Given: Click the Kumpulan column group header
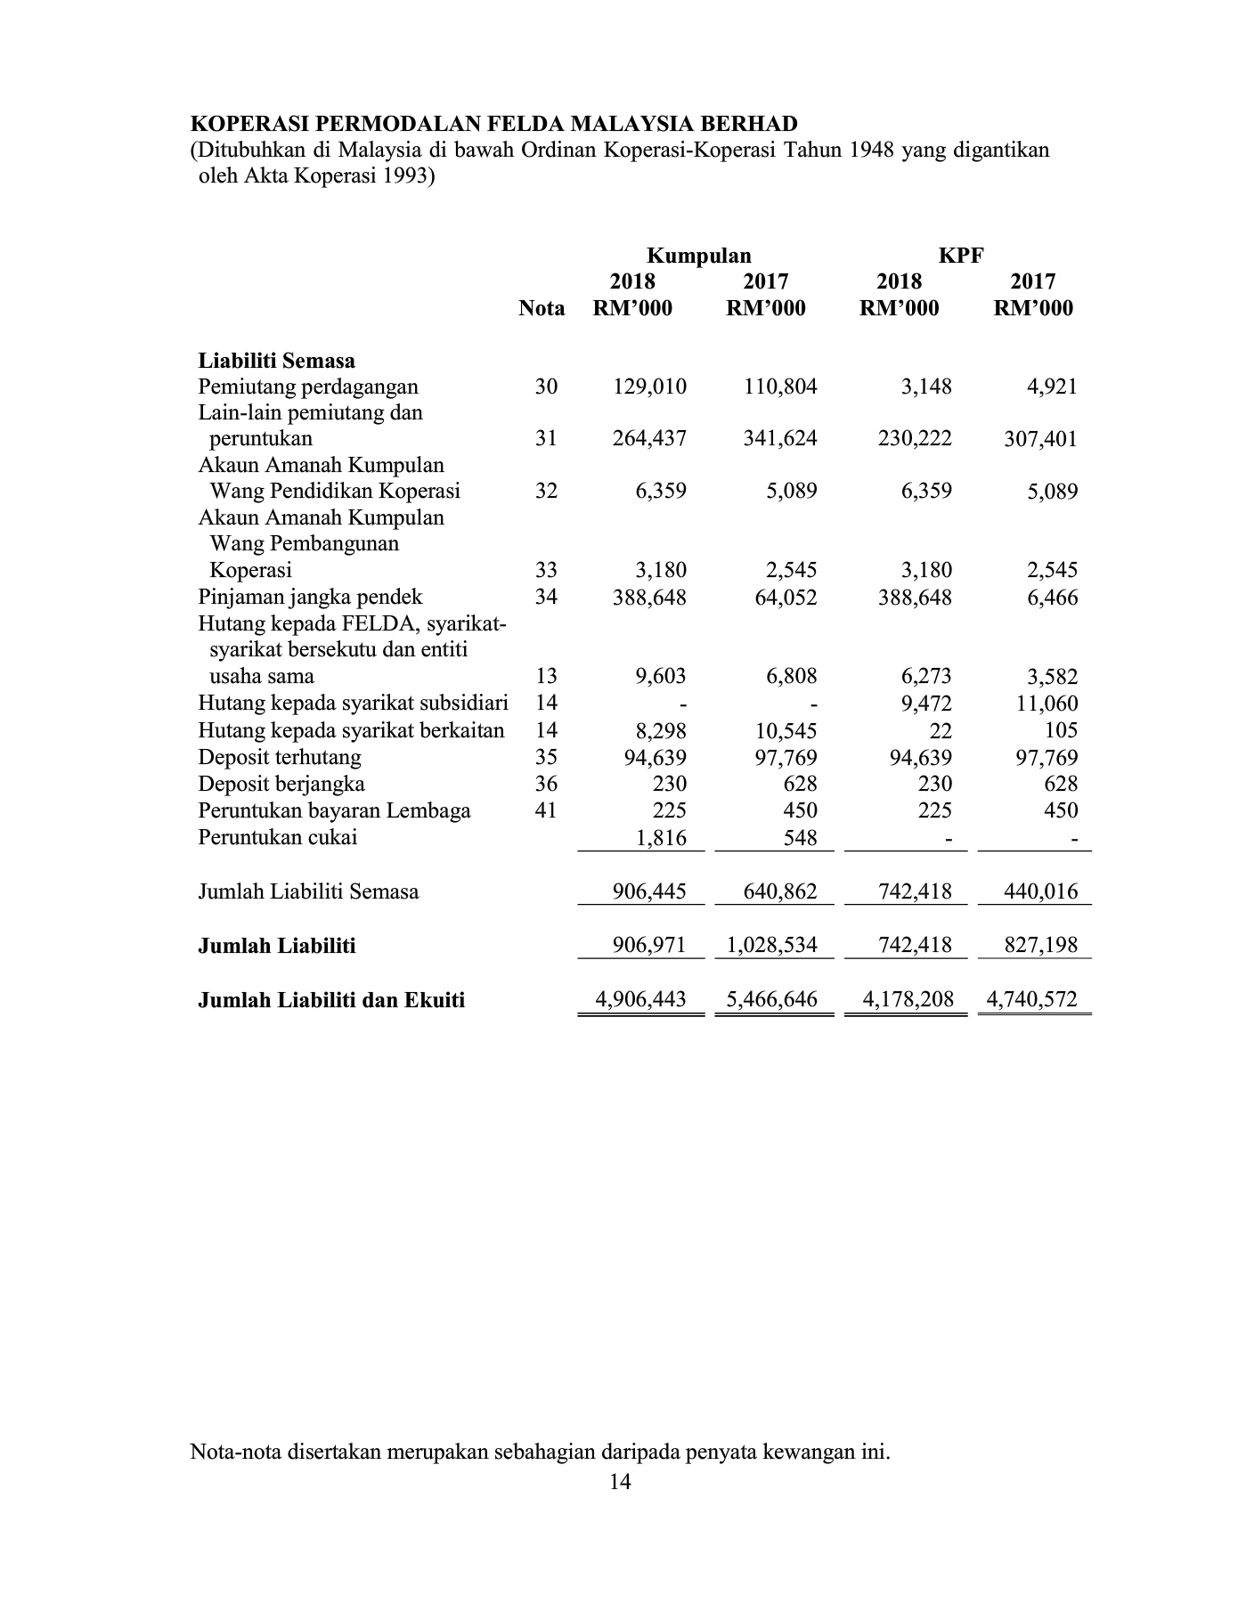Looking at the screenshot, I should [698, 256].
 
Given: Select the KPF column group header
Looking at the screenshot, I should [961, 256].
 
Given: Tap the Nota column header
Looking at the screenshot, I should [542, 308].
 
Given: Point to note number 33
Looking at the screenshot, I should [546, 570].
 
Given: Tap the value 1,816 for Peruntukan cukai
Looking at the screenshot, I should [661, 837].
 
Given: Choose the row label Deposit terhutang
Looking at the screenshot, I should [280, 758].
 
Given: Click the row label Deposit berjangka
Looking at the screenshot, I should [281, 784].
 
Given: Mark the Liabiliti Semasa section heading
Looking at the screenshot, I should [276, 361].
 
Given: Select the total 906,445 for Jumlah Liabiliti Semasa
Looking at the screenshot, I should [650, 891].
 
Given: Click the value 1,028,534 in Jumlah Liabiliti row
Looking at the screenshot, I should [772, 945].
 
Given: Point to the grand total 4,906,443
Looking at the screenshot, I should [641, 999].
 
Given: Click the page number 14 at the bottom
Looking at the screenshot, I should [621, 1482].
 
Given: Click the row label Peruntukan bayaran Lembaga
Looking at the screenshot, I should [334, 810].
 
